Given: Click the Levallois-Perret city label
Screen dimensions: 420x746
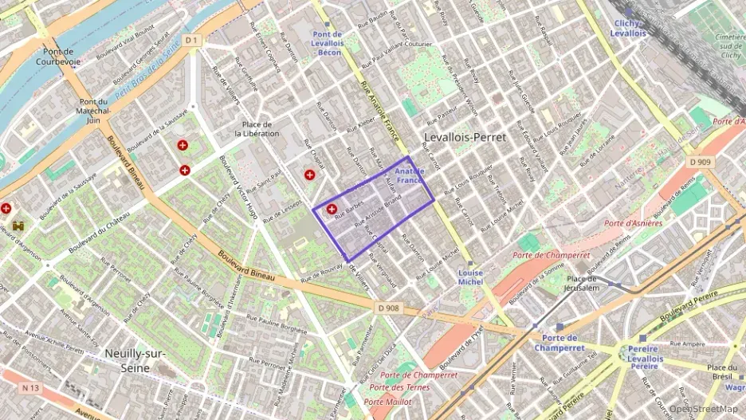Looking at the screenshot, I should [465, 137].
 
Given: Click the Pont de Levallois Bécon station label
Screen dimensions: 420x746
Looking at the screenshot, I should [327, 43].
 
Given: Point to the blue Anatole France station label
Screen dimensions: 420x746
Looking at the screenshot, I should [410, 176].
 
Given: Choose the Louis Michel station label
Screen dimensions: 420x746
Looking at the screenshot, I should [470, 277].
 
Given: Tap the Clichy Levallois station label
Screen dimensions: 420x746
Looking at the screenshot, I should [628, 28].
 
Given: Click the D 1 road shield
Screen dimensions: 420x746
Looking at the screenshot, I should [190, 40].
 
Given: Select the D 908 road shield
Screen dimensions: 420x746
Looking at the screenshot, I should [389, 308].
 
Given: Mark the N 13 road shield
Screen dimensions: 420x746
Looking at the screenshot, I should [30, 388].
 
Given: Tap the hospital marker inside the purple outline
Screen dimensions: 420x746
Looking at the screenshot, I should [332, 209].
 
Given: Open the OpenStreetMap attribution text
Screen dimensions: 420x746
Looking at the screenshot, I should [703, 409].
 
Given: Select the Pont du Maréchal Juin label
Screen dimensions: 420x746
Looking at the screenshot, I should [93, 111].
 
